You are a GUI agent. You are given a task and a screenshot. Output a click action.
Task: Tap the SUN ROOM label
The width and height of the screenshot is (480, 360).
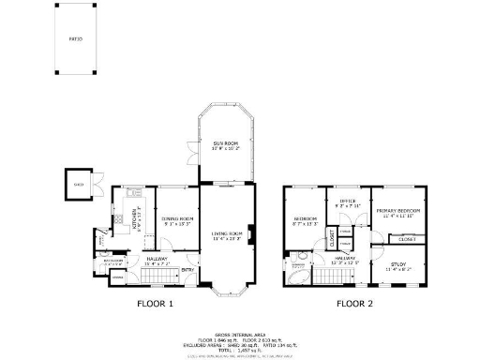224,143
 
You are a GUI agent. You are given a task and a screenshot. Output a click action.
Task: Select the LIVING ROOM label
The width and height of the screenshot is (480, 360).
226,235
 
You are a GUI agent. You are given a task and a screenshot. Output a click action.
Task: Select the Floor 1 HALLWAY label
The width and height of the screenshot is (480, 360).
157,262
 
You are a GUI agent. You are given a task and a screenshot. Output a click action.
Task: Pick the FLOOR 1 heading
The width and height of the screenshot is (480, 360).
156,304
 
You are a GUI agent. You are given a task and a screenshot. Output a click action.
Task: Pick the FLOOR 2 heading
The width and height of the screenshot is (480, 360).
355,304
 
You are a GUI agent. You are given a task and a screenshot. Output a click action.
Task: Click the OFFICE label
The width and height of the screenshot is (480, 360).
347,199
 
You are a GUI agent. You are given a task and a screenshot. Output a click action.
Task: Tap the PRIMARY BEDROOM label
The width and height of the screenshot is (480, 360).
398,212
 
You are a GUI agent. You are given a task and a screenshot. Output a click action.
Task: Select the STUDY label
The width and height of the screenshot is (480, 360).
398,265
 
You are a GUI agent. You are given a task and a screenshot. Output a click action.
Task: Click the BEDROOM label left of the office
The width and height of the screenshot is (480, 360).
306,220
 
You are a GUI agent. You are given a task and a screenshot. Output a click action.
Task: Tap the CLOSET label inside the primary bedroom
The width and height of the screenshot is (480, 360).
408,239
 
